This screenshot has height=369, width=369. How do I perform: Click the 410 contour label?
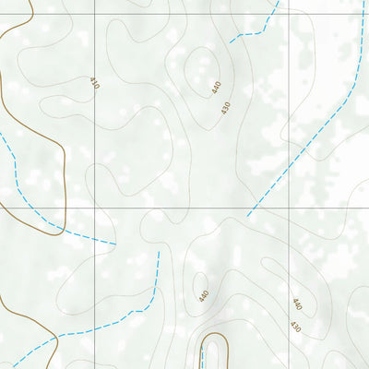(94, 83)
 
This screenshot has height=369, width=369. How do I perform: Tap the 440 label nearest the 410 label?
(217, 88)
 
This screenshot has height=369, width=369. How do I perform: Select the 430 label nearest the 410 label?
(225, 107)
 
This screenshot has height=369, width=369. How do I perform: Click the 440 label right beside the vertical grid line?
(297, 304)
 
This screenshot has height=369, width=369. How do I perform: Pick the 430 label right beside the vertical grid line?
(295, 327)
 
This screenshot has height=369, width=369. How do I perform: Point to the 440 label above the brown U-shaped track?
(204, 295)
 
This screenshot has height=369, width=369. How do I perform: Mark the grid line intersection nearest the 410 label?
(95, 15)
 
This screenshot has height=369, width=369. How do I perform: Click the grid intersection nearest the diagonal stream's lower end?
(291, 208)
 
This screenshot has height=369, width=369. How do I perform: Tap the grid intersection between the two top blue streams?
(291, 15)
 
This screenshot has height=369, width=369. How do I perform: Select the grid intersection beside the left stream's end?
(95, 208)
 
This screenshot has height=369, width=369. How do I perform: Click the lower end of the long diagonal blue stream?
(247, 216)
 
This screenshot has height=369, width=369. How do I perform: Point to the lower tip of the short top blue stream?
(231, 42)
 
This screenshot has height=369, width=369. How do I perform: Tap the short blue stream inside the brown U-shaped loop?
(202, 358)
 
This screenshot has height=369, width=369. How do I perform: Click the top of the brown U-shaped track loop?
(214, 334)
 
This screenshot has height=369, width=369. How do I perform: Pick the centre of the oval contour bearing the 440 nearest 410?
(203, 72)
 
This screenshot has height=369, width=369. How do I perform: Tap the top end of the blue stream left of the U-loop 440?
(159, 251)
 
